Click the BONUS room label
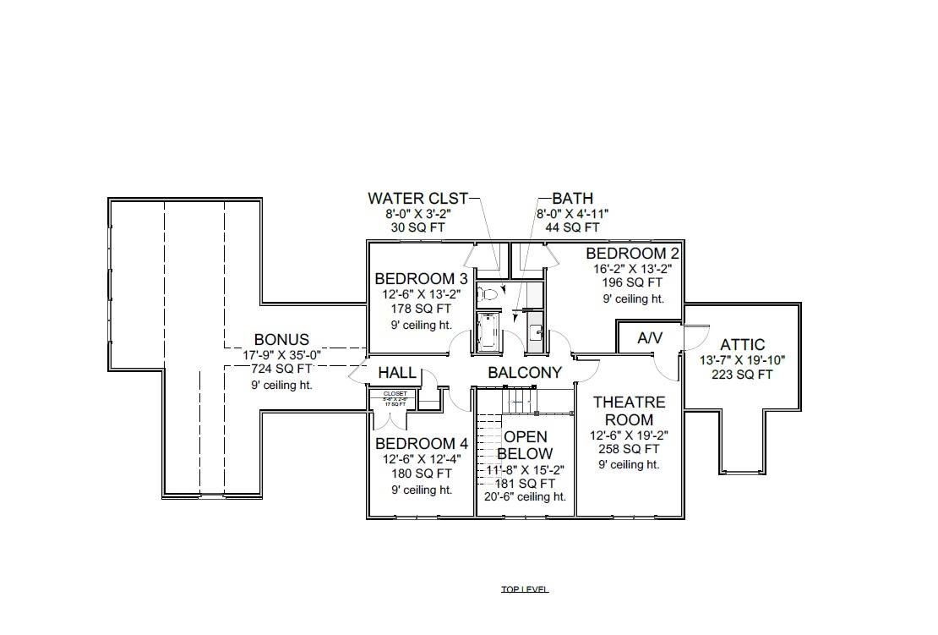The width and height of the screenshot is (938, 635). coord(281,340)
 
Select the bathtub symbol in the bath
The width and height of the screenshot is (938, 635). coord(488,331)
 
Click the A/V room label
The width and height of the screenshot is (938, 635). coord(650,338)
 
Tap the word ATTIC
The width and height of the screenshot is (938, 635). coord(743,345)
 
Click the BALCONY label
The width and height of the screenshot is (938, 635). coord(525,373)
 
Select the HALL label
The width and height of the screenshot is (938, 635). coord(397,373)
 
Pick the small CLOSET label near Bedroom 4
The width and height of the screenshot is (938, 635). coord(395,394)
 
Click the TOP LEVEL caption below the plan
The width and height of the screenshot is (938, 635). coord(525,589)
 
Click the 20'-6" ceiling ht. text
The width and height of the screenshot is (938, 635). coord(525,497)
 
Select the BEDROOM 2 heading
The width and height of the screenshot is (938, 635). coord(632,254)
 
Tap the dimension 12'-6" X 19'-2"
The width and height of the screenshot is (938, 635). coord(629,435)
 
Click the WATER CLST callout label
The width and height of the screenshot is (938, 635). coord(417,199)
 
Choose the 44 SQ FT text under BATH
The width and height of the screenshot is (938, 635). coord(572,227)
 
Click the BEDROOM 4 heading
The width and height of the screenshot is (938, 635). coord(421,444)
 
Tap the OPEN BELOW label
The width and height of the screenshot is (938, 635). coord(526,445)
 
